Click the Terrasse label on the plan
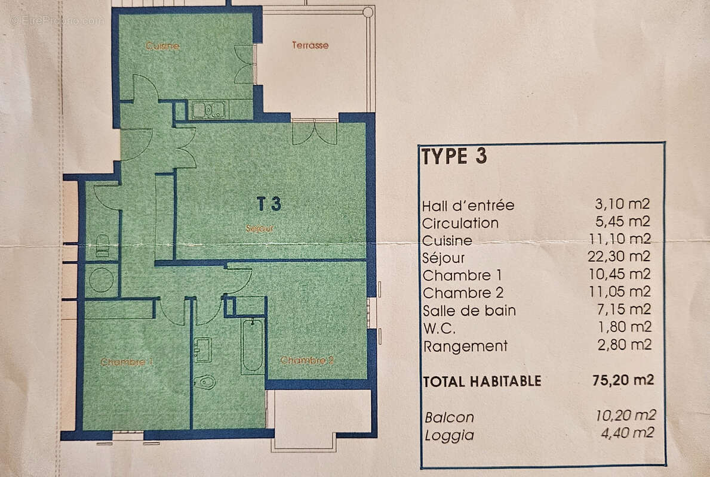[x=310, y=45]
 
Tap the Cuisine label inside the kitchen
[x=162, y=46]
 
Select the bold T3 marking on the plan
[x=269, y=204]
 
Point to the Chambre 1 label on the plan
[x=127, y=362]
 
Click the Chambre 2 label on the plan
[x=307, y=360]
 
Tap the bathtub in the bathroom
[x=253, y=346]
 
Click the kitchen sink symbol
[x=208, y=110]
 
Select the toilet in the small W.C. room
[x=102, y=245]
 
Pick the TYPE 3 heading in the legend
[x=454, y=156]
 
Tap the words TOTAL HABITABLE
[x=482, y=381]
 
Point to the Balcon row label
[x=449, y=417]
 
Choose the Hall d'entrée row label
[x=468, y=206]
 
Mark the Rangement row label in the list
[x=465, y=346]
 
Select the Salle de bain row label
[x=469, y=311]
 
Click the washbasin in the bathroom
[x=202, y=349]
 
